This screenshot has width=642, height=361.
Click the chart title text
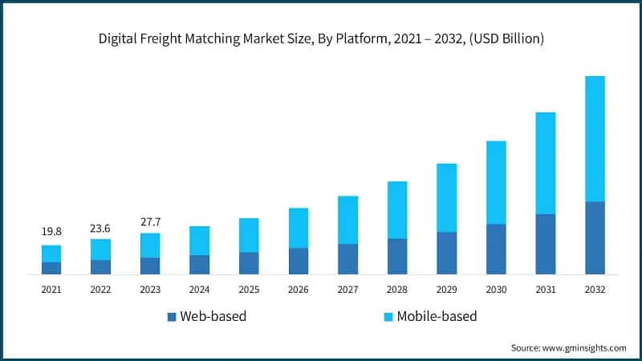click(321, 39)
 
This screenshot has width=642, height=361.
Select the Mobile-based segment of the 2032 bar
click(595, 139)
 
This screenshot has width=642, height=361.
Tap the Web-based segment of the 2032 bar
click(595, 237)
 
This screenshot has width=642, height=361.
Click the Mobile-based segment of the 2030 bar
click(496, 182)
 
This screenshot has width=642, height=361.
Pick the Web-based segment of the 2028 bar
click(397, 256)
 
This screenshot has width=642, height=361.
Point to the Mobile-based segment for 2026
click(299, 228)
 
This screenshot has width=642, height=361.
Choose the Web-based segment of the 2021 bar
click(51, 268)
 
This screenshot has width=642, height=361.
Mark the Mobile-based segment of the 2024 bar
click(200, 241)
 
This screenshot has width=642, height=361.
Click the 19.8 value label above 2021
click(51, 232)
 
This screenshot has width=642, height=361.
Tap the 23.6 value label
click(100, 225)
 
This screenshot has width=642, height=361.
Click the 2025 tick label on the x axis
click(249, 289)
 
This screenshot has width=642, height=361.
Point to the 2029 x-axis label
click(446, 289)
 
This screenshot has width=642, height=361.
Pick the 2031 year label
click(545, 289)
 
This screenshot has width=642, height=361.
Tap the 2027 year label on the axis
click(347, 289)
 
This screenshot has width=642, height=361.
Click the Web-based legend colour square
click(171, 317)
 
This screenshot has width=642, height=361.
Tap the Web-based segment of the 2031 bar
click(545, 244)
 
